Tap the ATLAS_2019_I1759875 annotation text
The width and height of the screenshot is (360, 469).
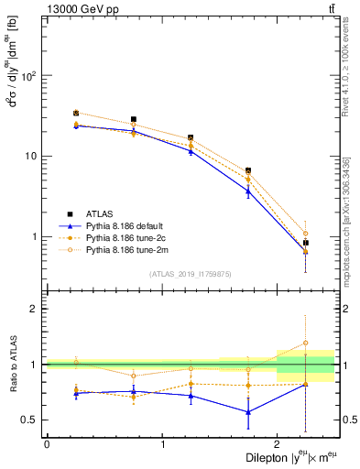coord(190,274)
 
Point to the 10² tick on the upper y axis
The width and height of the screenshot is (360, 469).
coord(31,75)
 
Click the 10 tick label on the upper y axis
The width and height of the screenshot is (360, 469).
coord(33,156)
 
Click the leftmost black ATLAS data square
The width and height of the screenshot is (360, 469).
coord(76,114)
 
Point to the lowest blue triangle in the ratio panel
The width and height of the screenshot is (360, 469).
coord(248,412)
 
